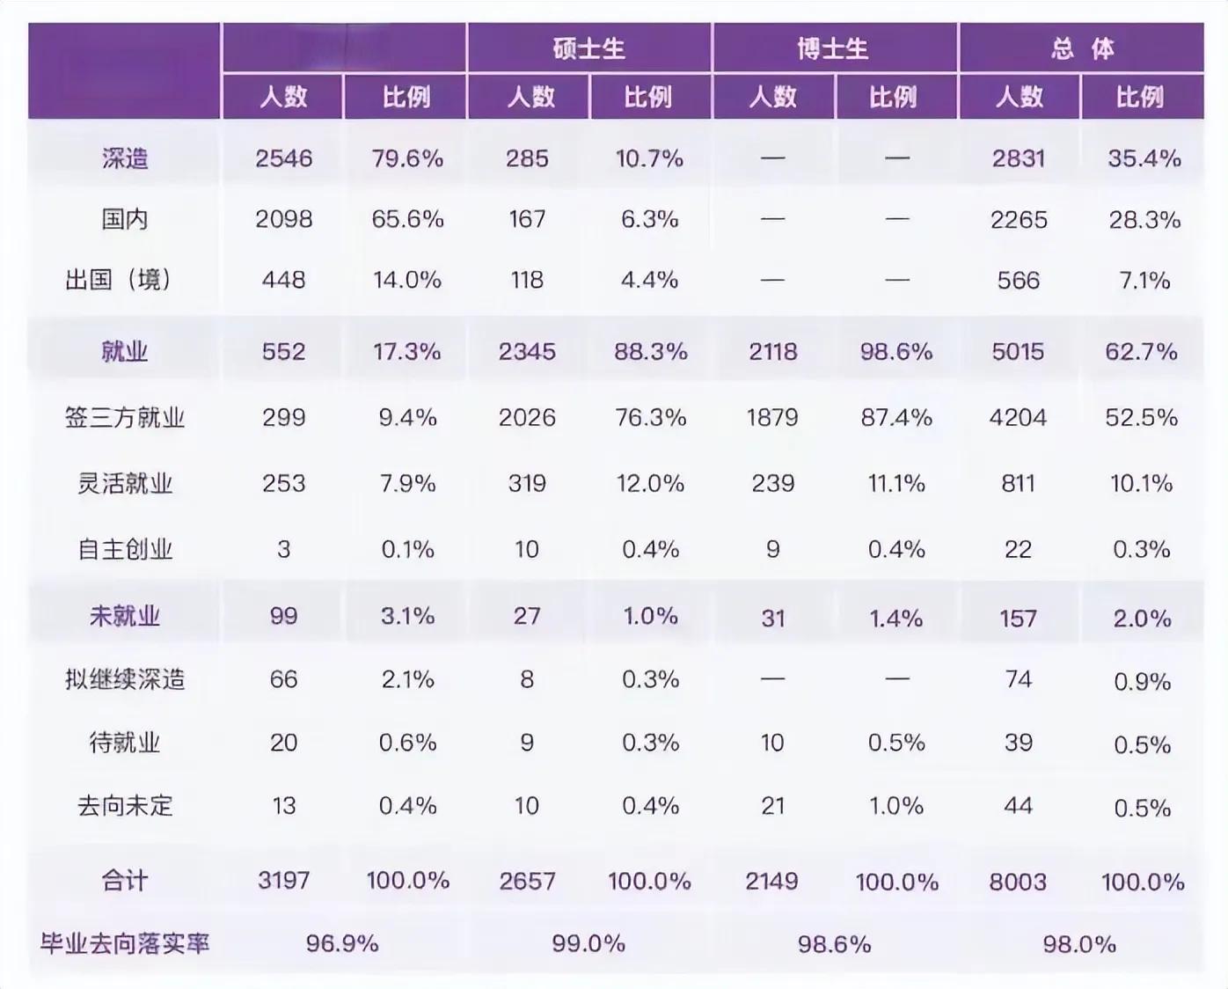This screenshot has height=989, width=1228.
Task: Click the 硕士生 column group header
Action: (588, 48)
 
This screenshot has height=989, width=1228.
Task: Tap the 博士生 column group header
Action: (833, 48)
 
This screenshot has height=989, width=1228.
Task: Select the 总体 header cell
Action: (1081, 48)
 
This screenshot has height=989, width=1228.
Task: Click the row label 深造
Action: (125, 158)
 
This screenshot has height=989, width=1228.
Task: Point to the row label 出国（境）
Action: (119, 280)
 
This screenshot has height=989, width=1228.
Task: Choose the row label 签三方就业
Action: (125, 417)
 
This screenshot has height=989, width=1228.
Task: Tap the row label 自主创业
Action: (125, 549)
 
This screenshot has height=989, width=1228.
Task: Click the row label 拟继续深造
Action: (125, 679)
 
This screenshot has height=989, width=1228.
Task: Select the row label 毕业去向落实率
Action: (125, 944)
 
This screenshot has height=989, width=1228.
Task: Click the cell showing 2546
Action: (283, 158)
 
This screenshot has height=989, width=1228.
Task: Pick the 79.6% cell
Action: (407, 158)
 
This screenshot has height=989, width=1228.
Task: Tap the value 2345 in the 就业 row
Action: (527, 352)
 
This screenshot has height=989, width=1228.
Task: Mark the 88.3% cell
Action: (650, 352)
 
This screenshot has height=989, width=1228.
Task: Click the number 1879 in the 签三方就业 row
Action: (772, 417)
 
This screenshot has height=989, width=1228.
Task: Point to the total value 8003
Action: (1018, 882)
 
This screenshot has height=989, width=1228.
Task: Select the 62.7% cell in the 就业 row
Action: (1141, 352)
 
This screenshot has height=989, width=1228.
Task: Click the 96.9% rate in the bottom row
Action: (342, 944)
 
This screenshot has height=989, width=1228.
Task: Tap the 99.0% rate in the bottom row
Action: (588, 944)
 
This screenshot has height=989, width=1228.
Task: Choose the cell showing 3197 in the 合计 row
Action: (283, 881)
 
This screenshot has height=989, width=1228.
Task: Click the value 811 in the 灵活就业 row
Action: (1018, 483)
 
